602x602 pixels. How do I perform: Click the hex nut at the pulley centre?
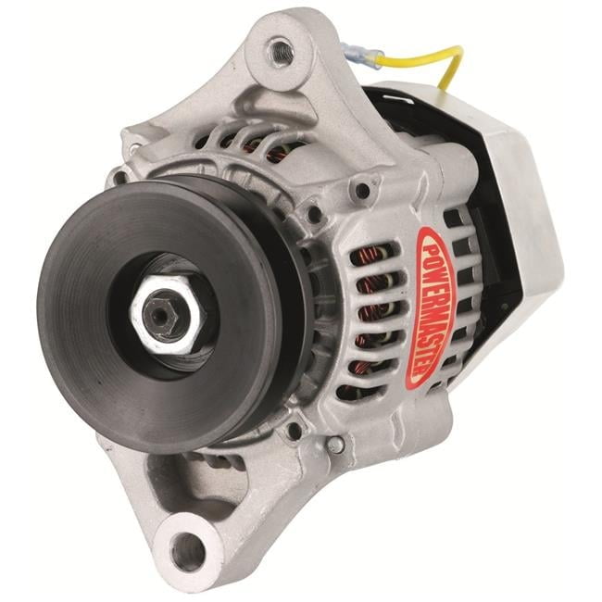[166, 316]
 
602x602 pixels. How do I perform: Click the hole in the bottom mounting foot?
[187, 551]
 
